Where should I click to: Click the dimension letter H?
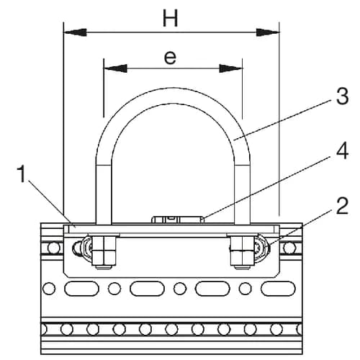pos(170,19)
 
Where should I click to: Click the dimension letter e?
pos(170,58)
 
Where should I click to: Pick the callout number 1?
pos(24,174)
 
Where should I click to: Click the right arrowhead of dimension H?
pos(267,32)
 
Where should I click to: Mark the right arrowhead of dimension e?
pos(231,69)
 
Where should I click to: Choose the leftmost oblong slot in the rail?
pos(81,289)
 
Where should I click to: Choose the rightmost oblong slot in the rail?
pos(278,289)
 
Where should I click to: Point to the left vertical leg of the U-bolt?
pos(102,191)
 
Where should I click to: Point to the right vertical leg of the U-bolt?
pos(244,191)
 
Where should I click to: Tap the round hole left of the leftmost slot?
pos(48,289)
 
